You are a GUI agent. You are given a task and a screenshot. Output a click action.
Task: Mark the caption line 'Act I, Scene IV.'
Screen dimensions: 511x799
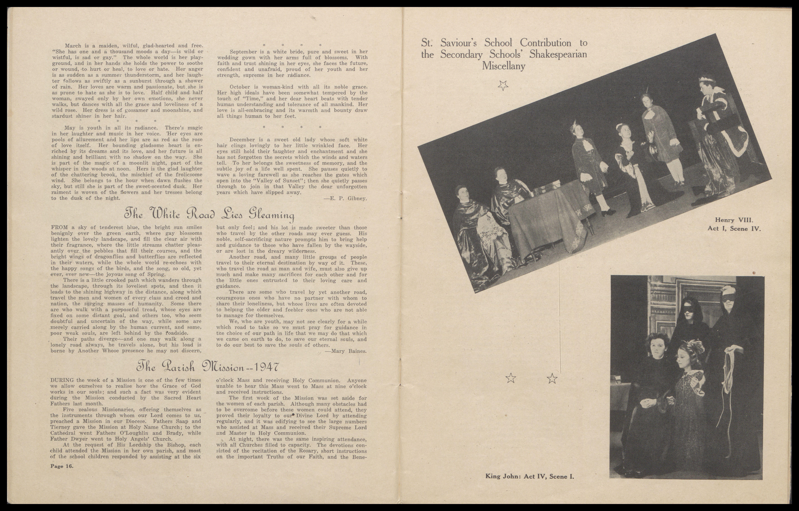pos(734,229)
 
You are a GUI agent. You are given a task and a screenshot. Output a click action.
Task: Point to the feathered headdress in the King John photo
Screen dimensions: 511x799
pos(690,348)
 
